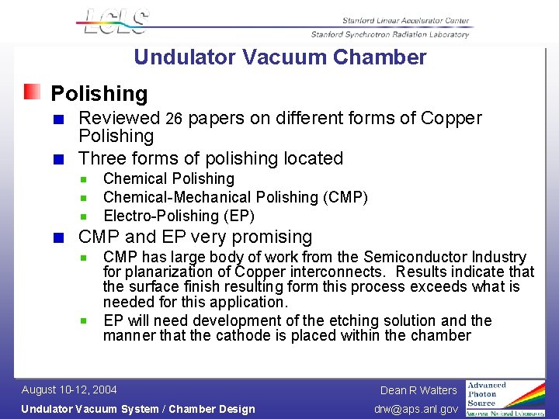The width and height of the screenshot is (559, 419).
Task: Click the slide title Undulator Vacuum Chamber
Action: pos(279,57)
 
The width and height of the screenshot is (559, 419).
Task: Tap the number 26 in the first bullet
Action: pos(174,119)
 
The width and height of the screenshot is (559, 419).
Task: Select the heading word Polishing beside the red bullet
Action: pos(99,94)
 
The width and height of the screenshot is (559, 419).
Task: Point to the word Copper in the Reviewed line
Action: pos(451,118)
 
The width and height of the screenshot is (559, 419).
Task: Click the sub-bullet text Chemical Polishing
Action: pos(168,179)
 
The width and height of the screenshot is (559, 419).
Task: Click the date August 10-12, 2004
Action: pos(69,390)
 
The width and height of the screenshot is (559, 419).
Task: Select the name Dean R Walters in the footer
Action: pos(418,390)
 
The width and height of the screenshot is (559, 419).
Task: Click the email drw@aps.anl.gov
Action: pos(417,409)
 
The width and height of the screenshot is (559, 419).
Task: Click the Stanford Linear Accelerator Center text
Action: pos(406,19)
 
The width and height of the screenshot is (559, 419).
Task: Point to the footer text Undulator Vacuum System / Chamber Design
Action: pos(137,409)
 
